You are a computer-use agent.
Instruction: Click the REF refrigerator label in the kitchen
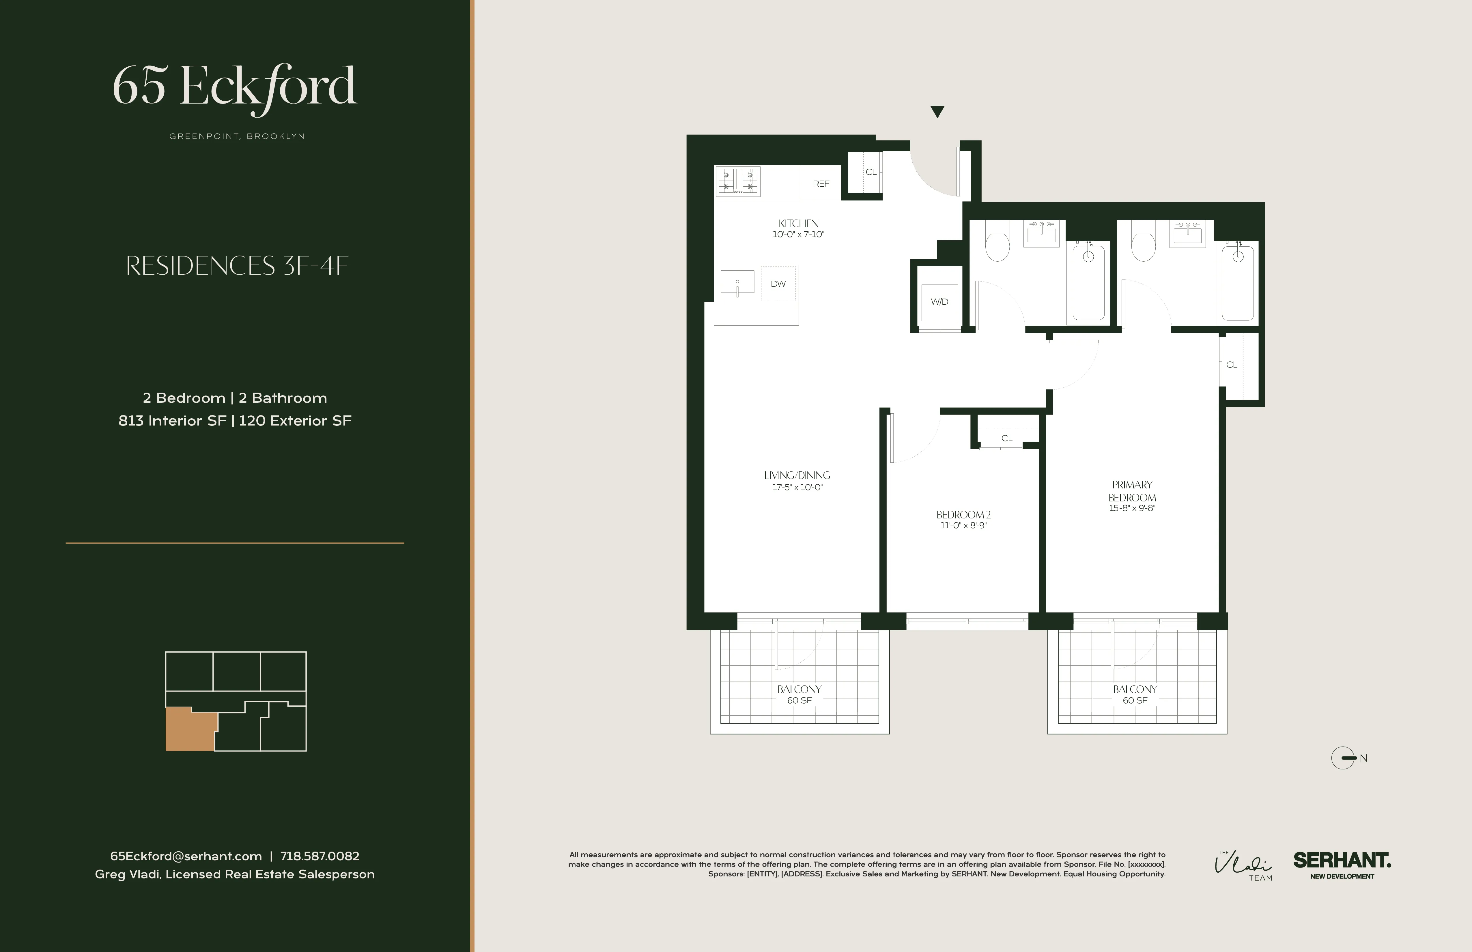[x=821, y=183]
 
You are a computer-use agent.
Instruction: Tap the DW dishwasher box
[x=778, y=284]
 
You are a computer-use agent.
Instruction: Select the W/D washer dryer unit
[x=939, y=302]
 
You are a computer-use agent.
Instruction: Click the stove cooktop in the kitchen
[x=738, y=182]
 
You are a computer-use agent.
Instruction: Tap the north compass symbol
[x=1343, y=758]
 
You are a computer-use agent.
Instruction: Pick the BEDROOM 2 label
[x=963, y=514]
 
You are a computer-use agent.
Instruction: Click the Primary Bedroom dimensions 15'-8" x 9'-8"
[x=1132, y=508]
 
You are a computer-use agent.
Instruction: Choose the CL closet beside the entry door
[x=871, y=172]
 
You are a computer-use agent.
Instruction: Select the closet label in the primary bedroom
[x=1231, y=365]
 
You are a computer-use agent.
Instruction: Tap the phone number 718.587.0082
[x=320, y=856]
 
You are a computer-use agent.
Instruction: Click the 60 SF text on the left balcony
[x=799, y=700]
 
